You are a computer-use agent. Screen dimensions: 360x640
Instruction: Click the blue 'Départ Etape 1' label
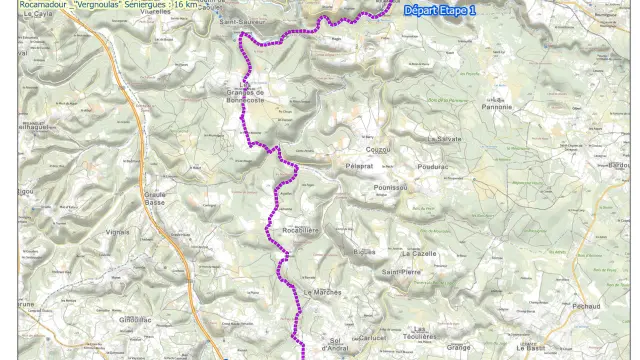(441, 11)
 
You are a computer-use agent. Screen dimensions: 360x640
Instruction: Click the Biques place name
(364, 252)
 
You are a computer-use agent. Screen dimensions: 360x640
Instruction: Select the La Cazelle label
(420, 254)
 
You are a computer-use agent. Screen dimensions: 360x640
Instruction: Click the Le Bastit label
(531, 347)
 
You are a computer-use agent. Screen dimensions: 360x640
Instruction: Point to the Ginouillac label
(134, 318)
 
